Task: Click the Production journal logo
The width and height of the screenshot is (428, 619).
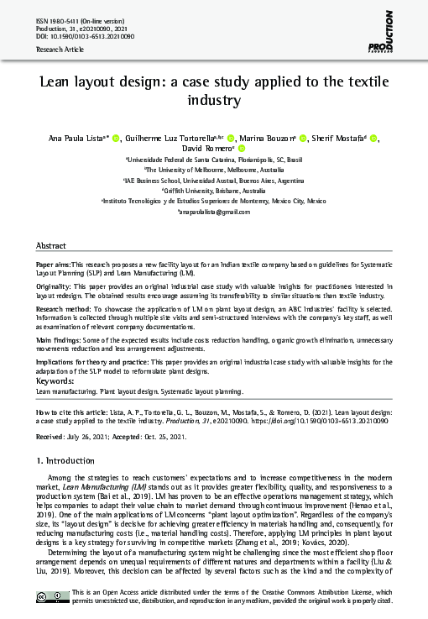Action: (x=389, y=27)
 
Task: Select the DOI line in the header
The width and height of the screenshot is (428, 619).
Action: (x=85, y=37)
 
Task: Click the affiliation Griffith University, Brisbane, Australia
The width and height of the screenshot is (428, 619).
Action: (x=214, y=191)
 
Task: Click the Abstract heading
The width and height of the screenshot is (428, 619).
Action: (x=50, y=245)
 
